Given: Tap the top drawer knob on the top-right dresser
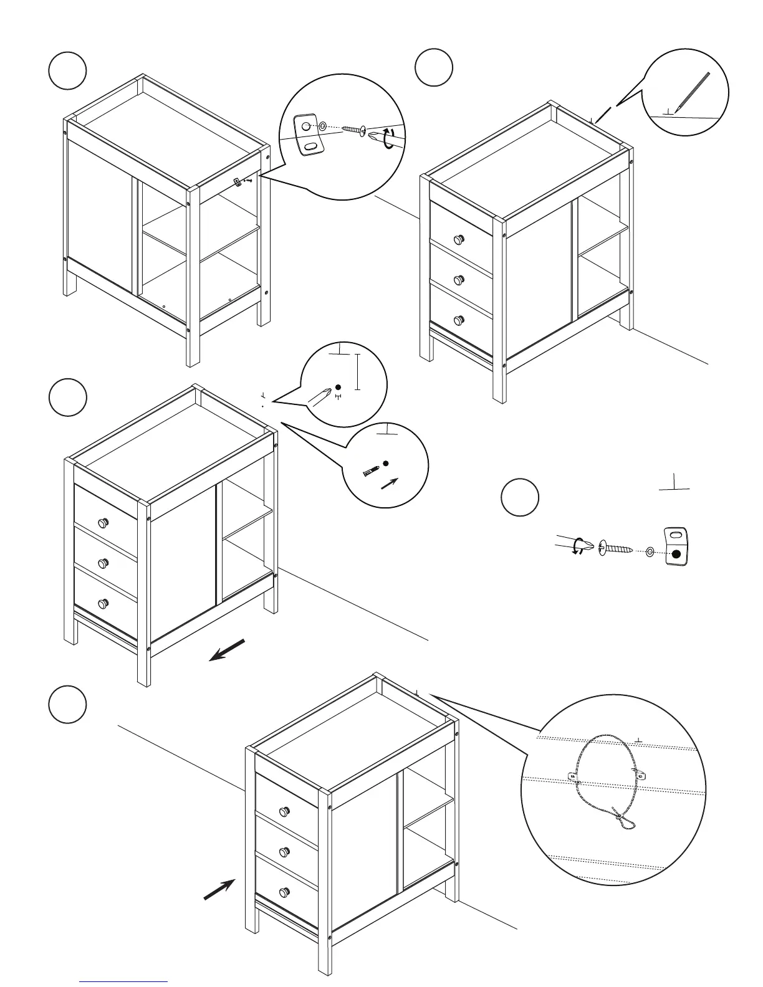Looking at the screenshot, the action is tap(460, 239).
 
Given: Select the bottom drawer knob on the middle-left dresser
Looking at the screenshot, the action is tap(103, 604).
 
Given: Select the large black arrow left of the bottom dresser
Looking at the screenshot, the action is tap(219, 889).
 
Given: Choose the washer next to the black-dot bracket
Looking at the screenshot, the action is tap(650, 551).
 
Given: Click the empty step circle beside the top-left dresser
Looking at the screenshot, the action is tap(67, 70).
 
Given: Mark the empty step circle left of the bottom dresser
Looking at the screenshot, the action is tap(67, 704).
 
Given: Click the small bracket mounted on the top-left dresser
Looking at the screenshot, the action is tap(238, 181).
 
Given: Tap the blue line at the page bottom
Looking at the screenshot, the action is tap(123, 981).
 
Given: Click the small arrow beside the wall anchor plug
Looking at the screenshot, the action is tap(389, 484).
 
